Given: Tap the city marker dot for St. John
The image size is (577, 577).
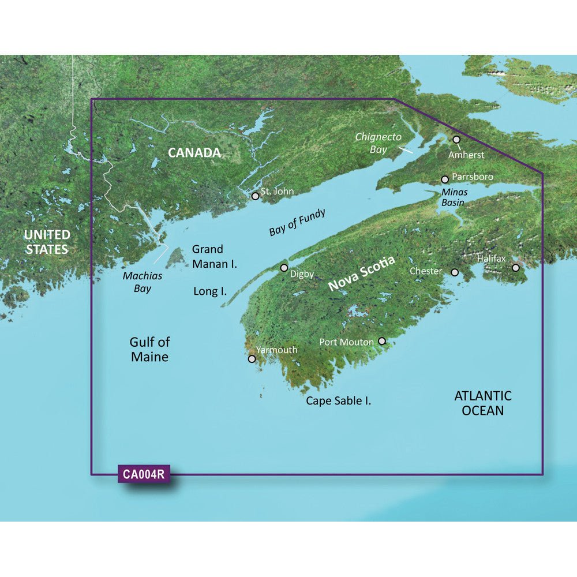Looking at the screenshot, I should pos(256,196).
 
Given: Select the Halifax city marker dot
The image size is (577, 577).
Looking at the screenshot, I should pos(516,268).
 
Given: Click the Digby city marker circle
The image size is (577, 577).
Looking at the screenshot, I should pos(284,268).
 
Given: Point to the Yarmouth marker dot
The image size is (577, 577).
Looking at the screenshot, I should pos(252,359).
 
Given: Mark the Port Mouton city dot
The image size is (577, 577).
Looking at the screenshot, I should pos(381,342).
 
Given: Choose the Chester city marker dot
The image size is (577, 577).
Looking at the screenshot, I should pos(455,272).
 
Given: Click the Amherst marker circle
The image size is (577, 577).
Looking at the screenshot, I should pos(456,140).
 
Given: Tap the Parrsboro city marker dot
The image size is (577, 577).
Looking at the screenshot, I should pos(445,179).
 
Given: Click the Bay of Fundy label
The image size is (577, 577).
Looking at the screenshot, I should pos(297,223).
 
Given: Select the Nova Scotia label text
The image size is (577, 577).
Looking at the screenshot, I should pos(362,273).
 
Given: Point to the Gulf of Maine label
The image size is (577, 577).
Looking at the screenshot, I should pos(149,350).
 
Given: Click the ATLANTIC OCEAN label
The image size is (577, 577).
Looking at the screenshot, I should pos(482,403).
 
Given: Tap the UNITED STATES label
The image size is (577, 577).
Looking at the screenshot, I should pos(47,242).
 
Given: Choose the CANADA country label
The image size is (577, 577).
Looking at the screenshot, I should pos(194,153).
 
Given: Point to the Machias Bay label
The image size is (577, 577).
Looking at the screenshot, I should pos(143,282).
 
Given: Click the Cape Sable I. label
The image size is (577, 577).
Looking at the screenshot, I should pos(338,400).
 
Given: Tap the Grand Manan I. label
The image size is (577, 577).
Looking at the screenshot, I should pos(215,256).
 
